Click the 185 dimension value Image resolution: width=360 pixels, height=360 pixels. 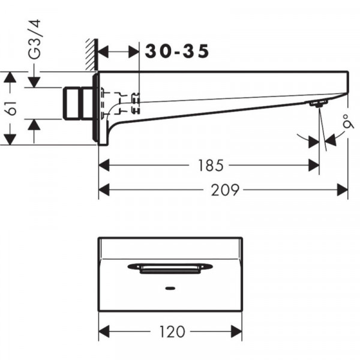point(211,166)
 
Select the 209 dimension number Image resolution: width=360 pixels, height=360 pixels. point(225,190)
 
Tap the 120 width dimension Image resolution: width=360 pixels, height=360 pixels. point(172,332)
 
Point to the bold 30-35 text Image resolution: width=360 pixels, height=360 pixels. point(177,51)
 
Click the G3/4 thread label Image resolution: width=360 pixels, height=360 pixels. point(35,40)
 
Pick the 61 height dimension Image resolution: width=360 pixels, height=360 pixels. point(11,107)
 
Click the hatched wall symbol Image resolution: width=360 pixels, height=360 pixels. point(92,55)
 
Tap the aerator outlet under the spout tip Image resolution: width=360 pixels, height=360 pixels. point(318,104)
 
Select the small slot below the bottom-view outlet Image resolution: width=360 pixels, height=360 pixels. point(170,288)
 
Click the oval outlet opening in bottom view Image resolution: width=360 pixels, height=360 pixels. point(170,268)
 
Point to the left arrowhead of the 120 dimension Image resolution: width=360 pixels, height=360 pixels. point(104,332)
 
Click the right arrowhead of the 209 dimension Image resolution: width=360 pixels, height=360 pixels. point(343,190)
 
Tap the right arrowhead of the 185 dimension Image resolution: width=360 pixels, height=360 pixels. point(314,166)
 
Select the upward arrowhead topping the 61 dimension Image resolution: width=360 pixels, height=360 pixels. point(10,77)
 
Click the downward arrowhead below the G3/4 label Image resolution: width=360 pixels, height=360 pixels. point(34,82)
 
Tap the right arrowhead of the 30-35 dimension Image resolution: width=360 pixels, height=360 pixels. point(134,52)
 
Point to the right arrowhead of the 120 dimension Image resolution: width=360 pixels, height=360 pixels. point(236,332)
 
